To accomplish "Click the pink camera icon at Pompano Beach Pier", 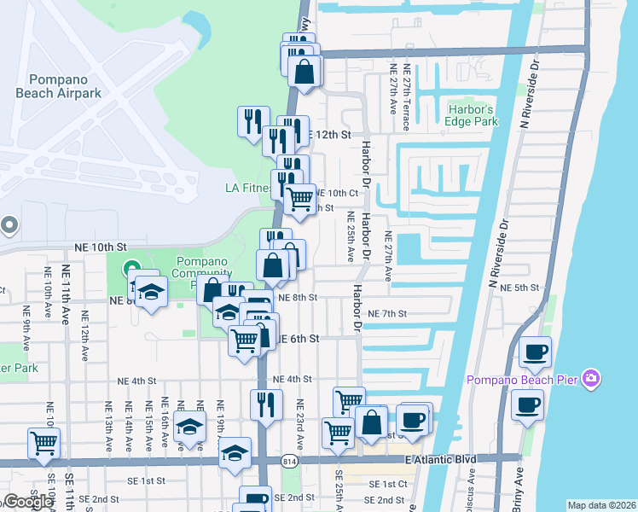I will click(591, 378).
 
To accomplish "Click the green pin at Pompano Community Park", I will click(131, 270).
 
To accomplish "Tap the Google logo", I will click(28, 502).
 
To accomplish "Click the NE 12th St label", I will click(333, 135).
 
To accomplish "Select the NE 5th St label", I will click(519, 288).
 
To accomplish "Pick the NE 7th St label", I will click(389, 313).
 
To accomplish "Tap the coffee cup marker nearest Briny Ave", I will click(526, 405).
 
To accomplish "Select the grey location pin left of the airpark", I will click(9, 225).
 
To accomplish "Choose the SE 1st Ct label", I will click(386, 484).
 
